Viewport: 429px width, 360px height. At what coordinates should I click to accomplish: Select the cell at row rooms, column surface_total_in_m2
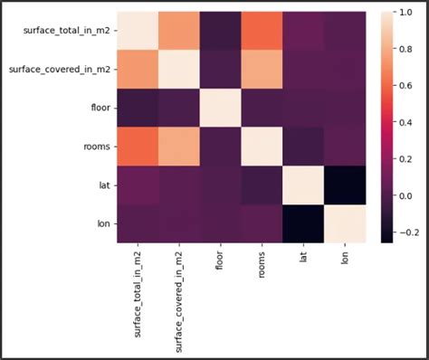coord(136,146)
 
